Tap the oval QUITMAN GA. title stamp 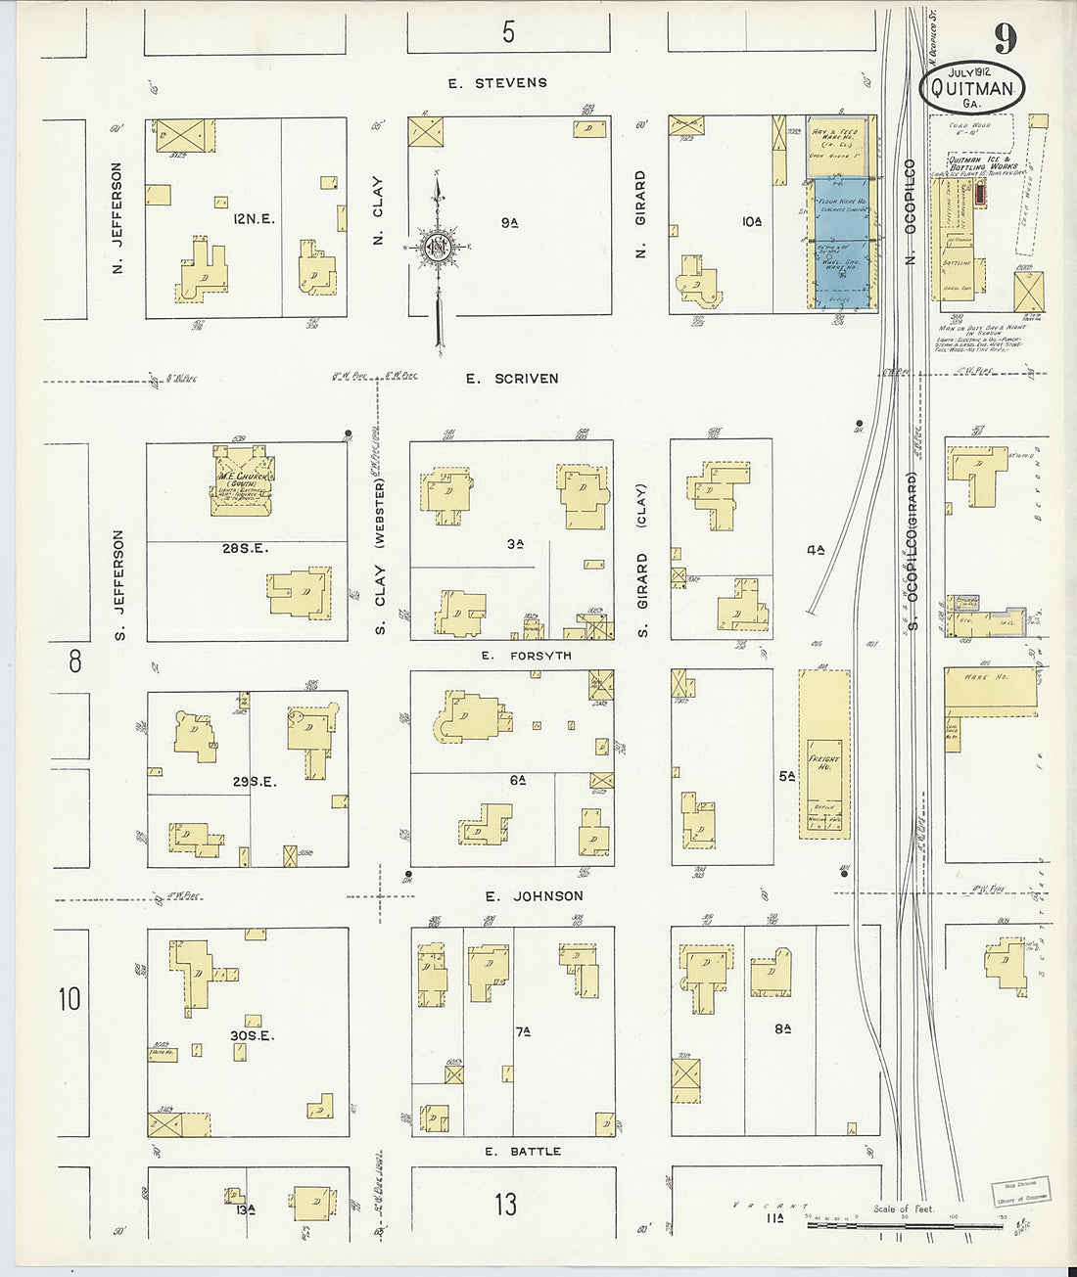tap(972, 89)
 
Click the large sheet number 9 tap(1006, 39)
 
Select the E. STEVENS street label tap(497, 83)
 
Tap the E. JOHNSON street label tap(534, 896)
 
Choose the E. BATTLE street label tap(523, 1152)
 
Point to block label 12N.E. tap(254, 219)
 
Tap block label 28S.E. tap(245, 549)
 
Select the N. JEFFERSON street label tap(117, 217)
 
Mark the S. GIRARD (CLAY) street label tap(642, 560)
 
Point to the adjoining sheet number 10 tap(70, 999)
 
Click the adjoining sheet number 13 tap(505, 1205)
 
